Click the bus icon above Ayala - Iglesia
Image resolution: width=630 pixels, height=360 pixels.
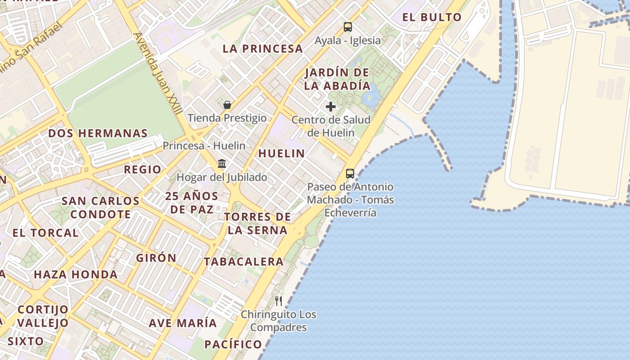coord(348,27)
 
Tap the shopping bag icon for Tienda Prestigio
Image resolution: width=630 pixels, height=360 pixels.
coord(227,105)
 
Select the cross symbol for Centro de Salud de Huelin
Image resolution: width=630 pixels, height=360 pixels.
coord(331,107)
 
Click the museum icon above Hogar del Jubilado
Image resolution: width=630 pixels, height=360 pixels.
coord(222,163)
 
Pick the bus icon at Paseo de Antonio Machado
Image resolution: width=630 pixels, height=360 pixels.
coord(350,173)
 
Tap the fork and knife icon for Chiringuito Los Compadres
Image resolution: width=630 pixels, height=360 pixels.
coord(279,301)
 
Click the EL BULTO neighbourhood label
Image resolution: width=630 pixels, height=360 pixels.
coord(432,18)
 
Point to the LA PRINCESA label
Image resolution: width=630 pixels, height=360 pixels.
coord(263,49)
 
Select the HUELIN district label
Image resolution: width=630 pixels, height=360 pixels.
coord(282,153)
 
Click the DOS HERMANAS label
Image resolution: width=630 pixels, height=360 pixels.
coord(98,134)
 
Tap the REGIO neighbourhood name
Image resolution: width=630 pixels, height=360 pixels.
coord(142,170)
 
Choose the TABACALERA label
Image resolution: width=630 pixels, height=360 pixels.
coord(243,261)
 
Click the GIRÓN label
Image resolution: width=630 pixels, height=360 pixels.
coord(156,258)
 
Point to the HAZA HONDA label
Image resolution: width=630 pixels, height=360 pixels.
coord(76,274)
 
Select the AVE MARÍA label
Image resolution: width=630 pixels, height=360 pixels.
coord(183,323)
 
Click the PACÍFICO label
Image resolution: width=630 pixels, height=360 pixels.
coord(233,345)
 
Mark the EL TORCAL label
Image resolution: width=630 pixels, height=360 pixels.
coord(45,233)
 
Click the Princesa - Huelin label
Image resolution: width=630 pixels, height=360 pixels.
coord(204,146)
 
